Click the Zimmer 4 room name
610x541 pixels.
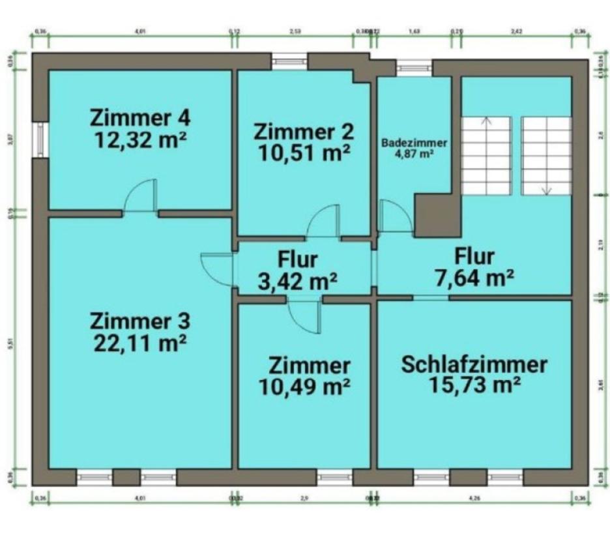click(x=141, y=119)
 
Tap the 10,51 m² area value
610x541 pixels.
click(x=304, y=153)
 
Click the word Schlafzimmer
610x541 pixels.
click(x=474, y=364)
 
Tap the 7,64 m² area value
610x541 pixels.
click(x=474, y=278)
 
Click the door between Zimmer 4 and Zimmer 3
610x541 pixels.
click(x=141, y=197)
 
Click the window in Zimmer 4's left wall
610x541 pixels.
click(x=40, y=139)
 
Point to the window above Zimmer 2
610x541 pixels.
click(x=289, y=61)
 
